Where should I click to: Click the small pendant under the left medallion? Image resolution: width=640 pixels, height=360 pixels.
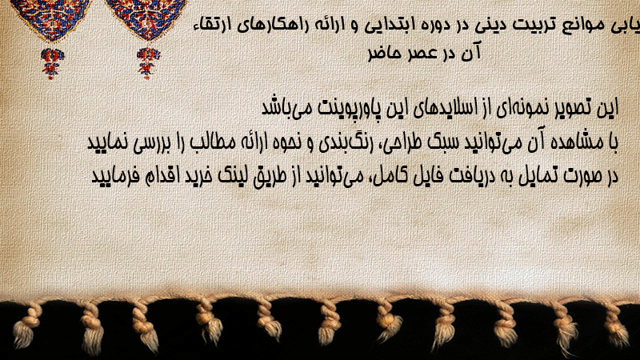(x=51, y=63)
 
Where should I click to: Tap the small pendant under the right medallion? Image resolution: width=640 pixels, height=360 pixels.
(x=148, y=63)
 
